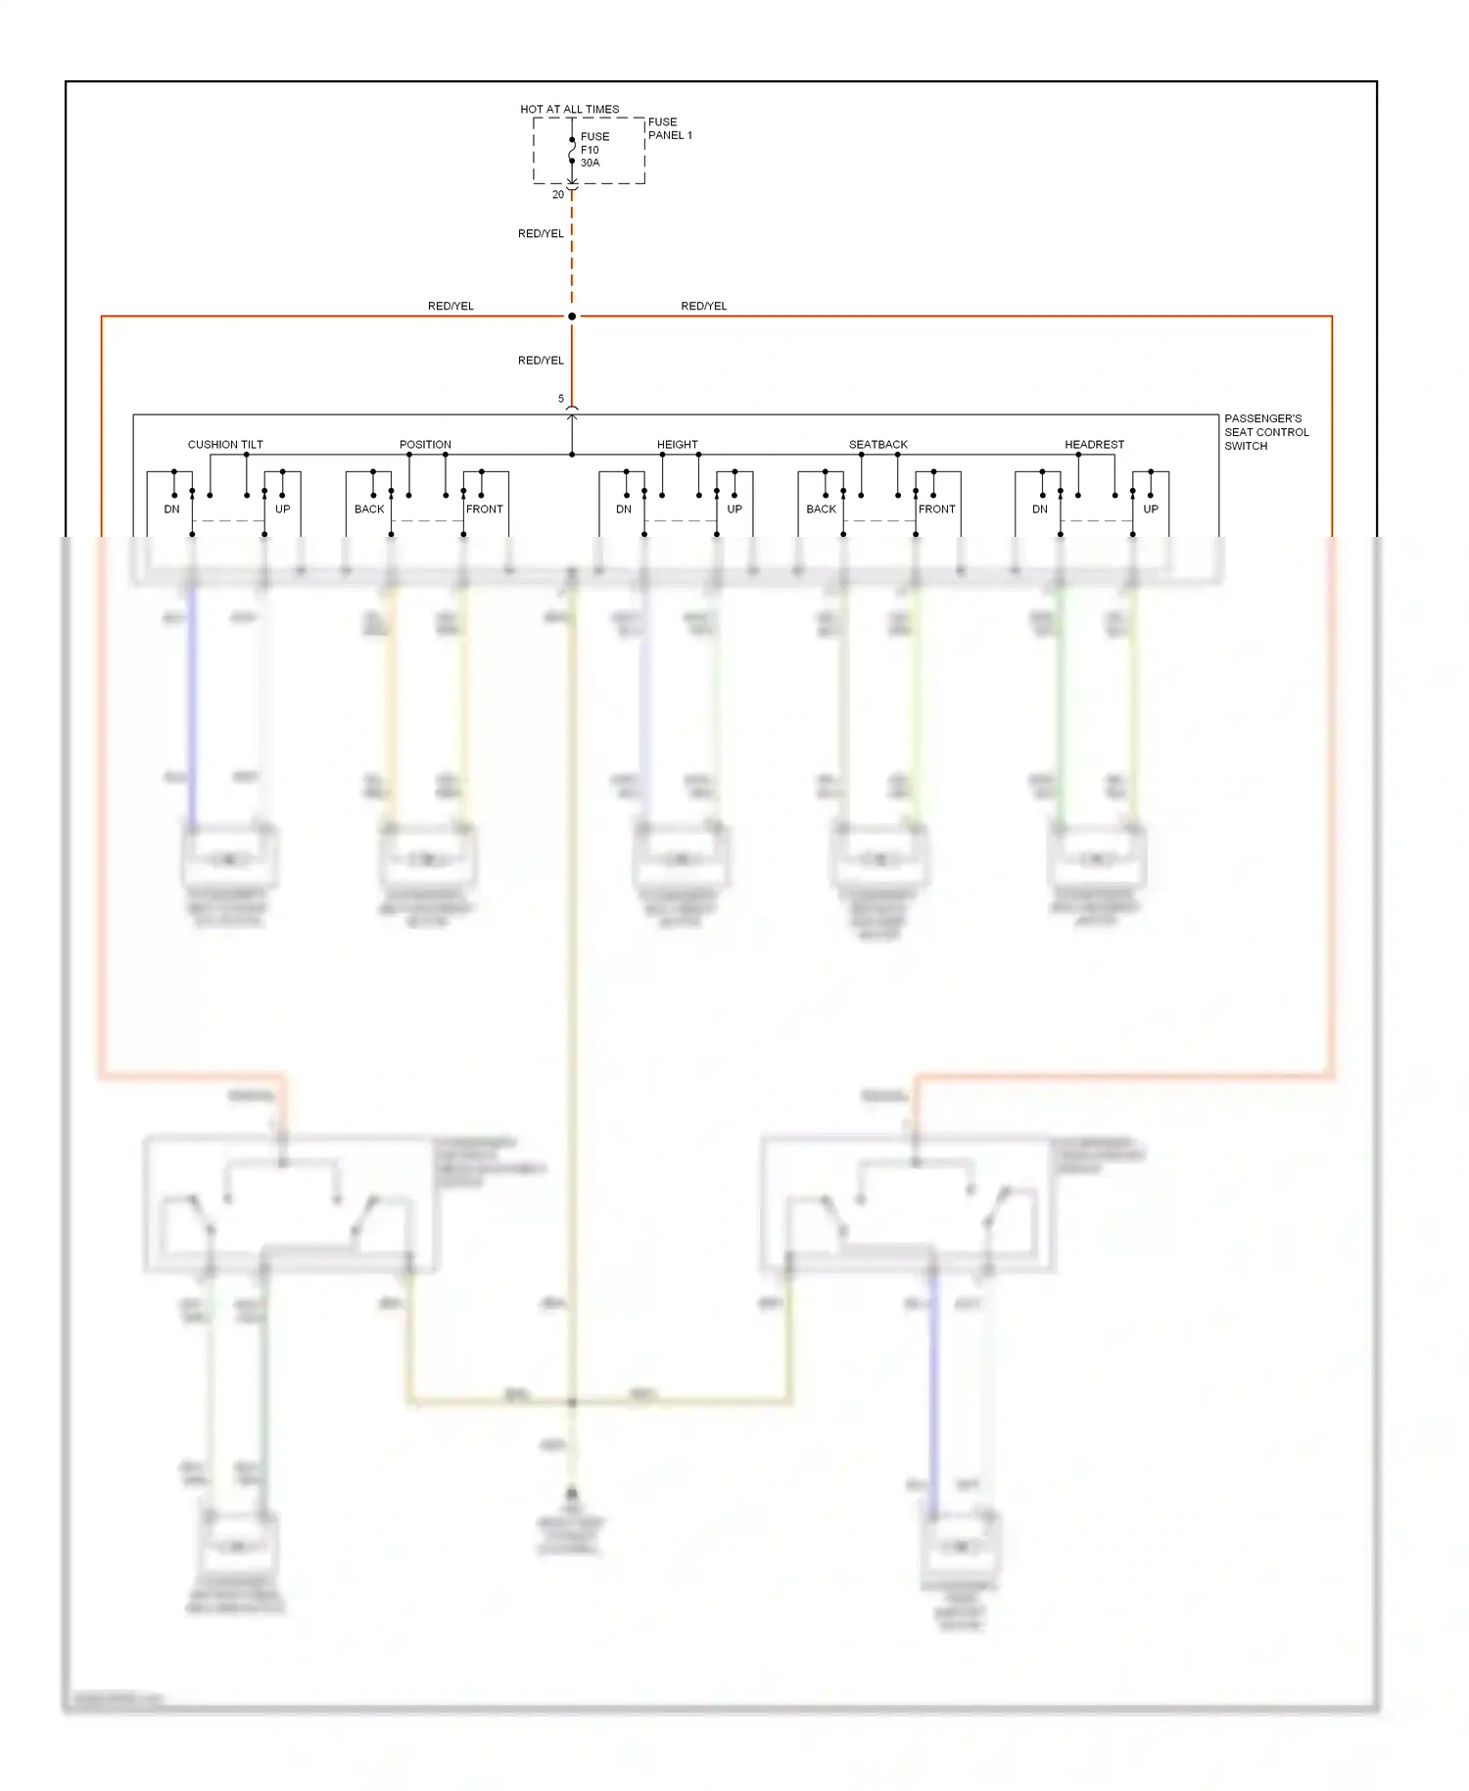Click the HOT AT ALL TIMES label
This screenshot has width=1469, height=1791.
[569, 109]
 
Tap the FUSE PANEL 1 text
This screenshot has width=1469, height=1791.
[669, 128]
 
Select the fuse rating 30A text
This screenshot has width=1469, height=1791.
[590, 163]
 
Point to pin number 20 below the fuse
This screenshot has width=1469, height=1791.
[558, 194]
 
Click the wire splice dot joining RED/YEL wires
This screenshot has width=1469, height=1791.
[572, 315]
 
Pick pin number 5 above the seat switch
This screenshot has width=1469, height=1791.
[561, 399]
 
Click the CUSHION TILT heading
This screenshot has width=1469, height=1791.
[225, 444]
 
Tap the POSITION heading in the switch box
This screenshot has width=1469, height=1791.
[425, 444]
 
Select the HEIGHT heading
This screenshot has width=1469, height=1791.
[677, 444]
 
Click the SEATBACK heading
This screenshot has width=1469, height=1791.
[877, 444]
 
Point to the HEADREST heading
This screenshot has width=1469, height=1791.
[1094, 444]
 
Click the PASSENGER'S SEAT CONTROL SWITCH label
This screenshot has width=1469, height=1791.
[1265, 432]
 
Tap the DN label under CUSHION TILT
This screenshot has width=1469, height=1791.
[171, 508]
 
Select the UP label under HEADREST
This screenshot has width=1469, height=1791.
[1151, 508]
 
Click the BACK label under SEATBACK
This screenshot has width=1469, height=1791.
[821, 508]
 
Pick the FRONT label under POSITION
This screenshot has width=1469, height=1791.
[484, 508]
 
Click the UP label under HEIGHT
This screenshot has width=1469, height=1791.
[734, 508]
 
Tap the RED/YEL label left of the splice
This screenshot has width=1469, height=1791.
[450, 306]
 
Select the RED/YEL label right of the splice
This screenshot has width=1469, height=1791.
[703, 306]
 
